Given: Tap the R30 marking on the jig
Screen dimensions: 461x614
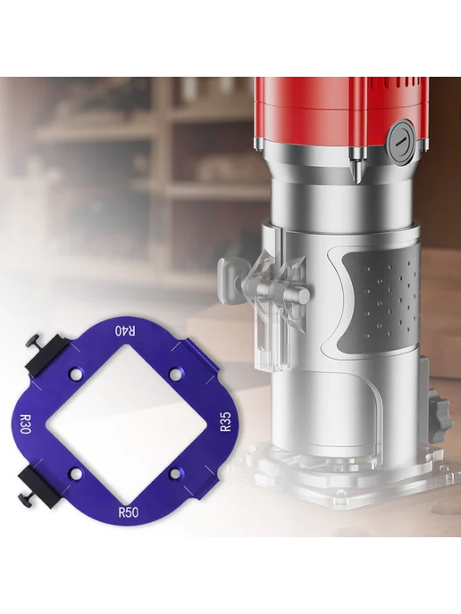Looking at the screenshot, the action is tap(22, 423).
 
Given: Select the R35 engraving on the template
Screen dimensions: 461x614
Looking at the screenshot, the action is tap(226, 422).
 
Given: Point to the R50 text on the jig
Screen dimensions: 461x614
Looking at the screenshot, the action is tap(128, 511).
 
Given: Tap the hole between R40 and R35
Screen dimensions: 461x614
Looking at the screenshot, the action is tap(175, 373).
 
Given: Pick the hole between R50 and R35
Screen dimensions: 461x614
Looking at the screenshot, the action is tap(175, 474).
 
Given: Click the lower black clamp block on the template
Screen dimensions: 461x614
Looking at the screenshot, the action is tap(42, 486).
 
